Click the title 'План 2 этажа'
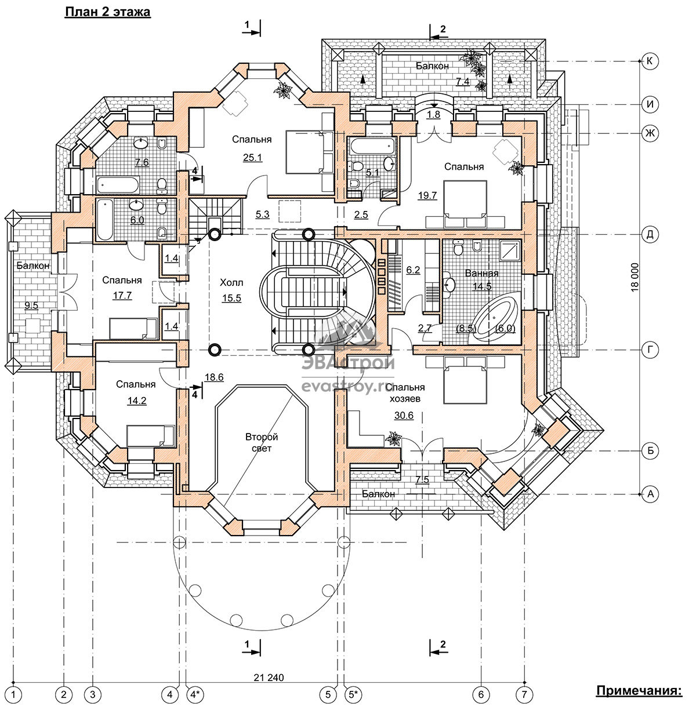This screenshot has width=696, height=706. click(107, 12)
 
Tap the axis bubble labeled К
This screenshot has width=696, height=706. click(650, 61)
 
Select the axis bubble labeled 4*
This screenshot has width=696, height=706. click(195, 694)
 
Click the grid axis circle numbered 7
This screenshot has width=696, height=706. click(524, 694)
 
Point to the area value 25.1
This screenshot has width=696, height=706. click(252, 158)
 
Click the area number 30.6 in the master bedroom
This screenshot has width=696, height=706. click(404, 415)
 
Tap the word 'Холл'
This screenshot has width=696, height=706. click(231, 282)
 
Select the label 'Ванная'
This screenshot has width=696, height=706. click(482, 274)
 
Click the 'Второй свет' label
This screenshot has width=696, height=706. click(262, 442)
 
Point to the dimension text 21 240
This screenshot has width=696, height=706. click(269, 678)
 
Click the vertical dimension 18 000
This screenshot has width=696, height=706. click(635, 277)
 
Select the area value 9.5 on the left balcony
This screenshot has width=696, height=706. click(31, 305)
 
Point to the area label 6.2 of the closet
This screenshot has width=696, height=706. click(413, 270)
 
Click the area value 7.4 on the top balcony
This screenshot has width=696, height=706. click(463, 81)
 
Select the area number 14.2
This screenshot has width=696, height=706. click(137, 401)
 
